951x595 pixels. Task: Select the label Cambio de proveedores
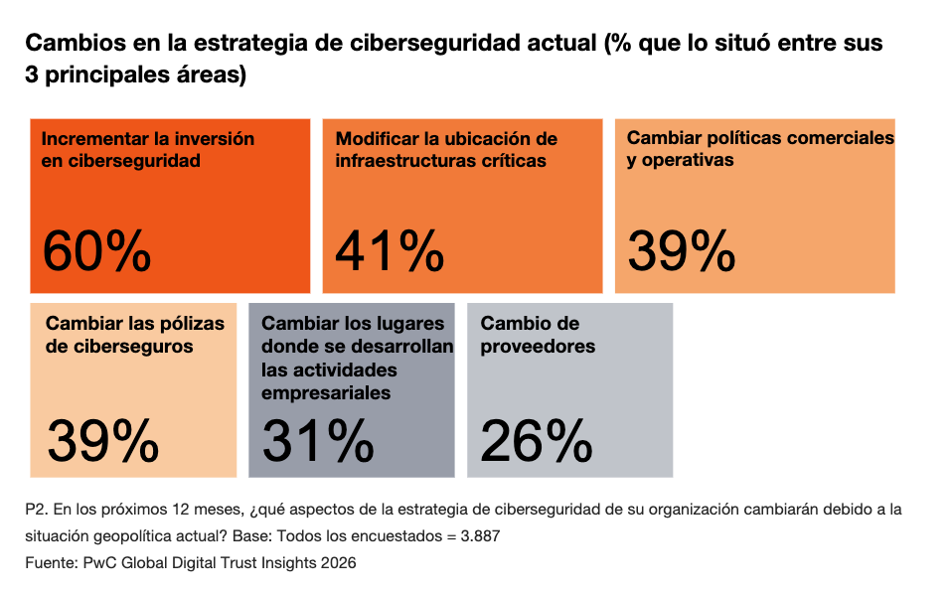pos(538,335)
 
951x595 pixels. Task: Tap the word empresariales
pos(326,392)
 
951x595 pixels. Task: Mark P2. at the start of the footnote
pos(37,510)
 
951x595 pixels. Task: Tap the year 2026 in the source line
pos(335,562)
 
